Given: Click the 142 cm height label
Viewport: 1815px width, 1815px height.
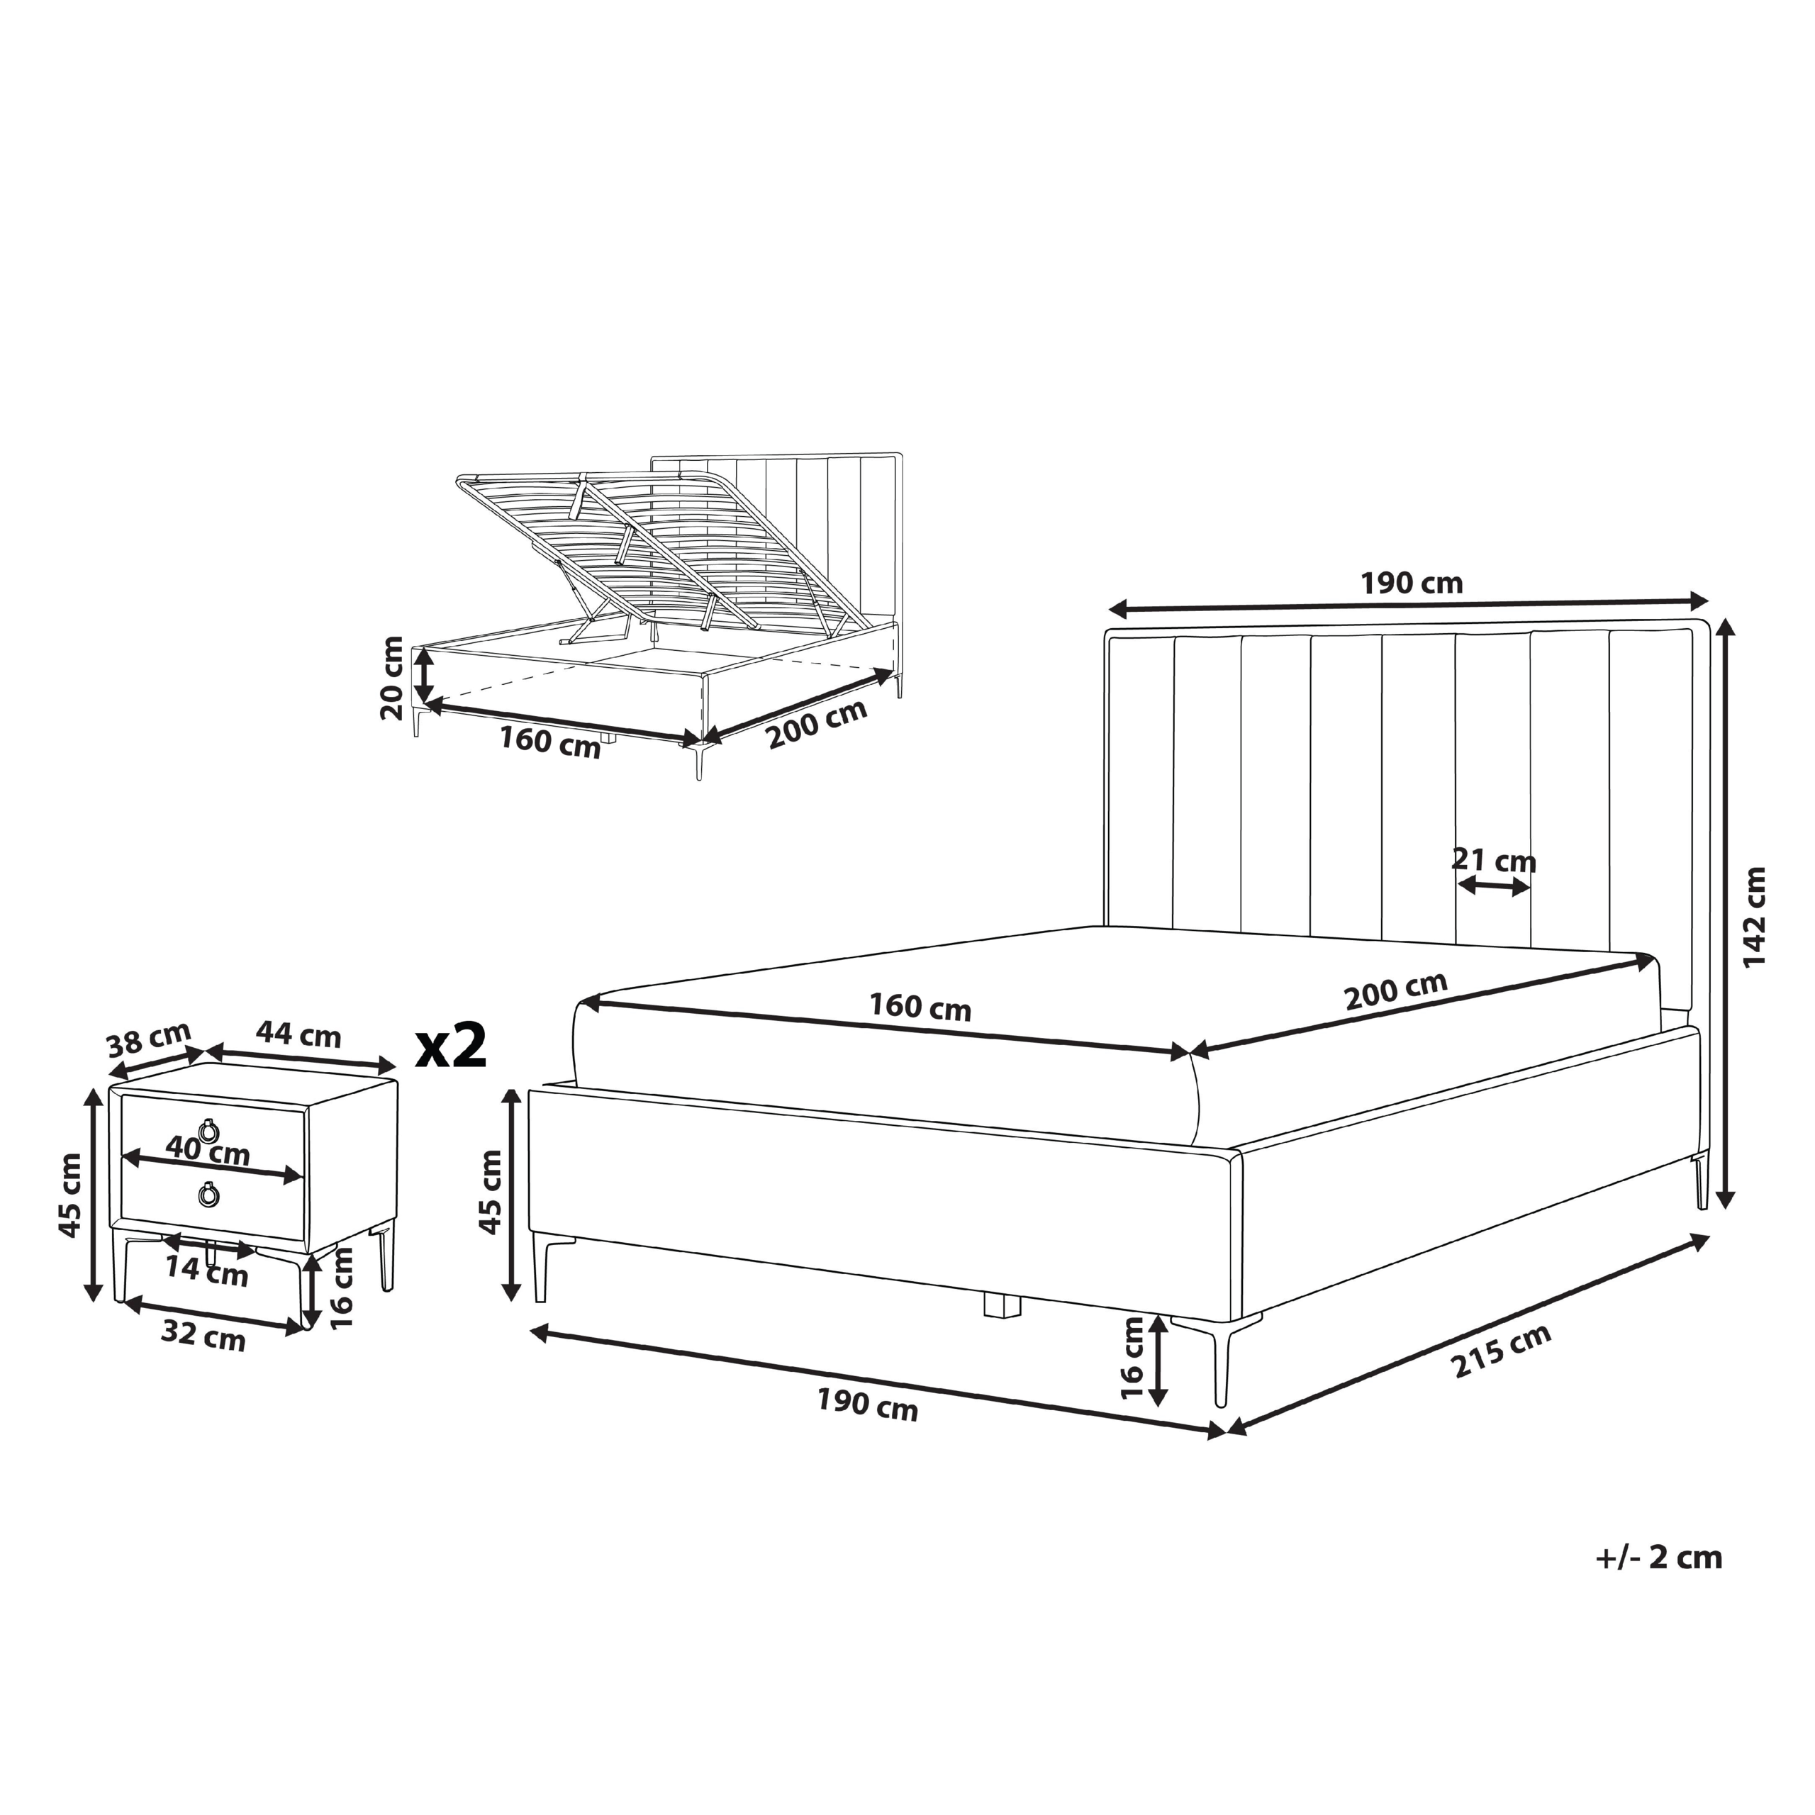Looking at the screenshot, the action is tap(1754, 916).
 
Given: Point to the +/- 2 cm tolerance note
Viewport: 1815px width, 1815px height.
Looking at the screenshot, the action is tap(1659, 1558).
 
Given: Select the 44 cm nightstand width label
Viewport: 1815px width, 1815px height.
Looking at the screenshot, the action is tap(298, 1035).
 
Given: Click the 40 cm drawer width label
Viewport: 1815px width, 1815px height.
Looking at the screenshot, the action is tap(208, 1150).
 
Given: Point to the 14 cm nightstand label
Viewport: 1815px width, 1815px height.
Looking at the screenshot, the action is tap(207, 1271).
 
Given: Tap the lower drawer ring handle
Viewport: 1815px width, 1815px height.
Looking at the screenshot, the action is tap(208, 1195).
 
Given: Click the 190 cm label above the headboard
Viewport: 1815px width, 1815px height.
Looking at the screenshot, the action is tap(1412, 583).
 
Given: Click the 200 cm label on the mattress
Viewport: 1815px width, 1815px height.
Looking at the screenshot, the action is tap(1396, 991).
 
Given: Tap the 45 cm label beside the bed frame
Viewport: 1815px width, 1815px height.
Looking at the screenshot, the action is tap(491, 1194).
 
